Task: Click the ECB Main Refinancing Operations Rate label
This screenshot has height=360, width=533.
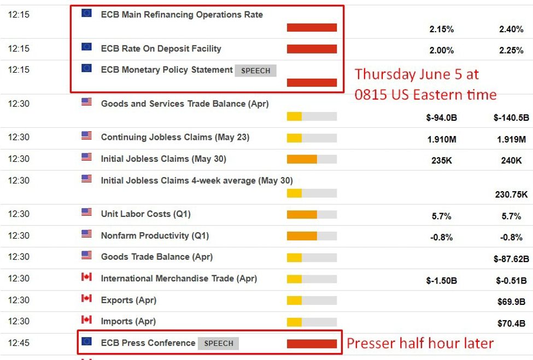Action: tap(181, 15)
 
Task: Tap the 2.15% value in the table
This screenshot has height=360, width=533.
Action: tap(441, 29)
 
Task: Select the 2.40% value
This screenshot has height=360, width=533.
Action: tap(511, 29)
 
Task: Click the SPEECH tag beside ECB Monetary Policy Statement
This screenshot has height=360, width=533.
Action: tap(256, 70)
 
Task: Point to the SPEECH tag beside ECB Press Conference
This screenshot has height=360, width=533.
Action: tap(218, 344)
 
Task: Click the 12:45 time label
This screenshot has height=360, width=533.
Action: tap(19, 343)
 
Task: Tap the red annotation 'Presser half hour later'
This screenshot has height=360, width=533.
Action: tap(420, 343)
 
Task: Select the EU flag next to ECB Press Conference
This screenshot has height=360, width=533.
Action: tap(86, 341)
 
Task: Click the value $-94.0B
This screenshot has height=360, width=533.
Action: tap(442, 117)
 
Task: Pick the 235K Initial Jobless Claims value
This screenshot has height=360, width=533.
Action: tap(441, 161)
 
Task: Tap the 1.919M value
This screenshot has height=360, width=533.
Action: tap(511, 139)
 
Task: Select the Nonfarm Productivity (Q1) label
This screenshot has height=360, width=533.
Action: tap(155, 236)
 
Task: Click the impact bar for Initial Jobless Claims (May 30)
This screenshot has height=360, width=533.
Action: tap(312, 159)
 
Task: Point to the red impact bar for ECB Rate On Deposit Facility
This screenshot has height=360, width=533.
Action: tap(312, 49)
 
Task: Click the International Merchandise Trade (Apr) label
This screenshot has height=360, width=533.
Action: tap(179, 279)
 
